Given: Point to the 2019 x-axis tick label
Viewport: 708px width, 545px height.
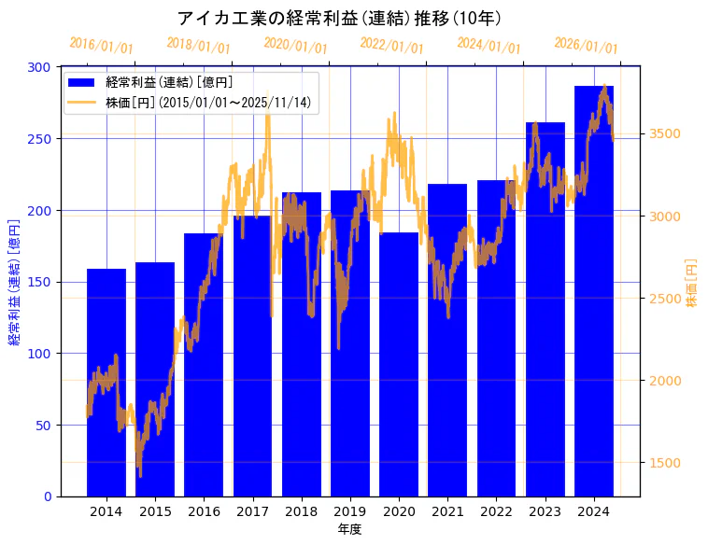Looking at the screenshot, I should click(x=350, y=511).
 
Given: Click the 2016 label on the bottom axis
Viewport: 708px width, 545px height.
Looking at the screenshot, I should click(x=204, y=511).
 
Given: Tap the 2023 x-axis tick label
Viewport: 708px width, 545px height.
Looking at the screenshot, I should click(x=545, y=511).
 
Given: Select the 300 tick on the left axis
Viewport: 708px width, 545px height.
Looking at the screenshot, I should click(x=39, y=67).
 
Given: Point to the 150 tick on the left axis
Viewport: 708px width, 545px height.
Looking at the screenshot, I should click(x=39, y=282).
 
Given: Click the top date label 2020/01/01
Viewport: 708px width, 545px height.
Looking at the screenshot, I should click(x=296, y=45).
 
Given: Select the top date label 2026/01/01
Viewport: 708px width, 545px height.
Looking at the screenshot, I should click(x=587, y=45).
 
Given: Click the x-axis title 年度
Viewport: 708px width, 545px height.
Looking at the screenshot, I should click(x=350, y=529).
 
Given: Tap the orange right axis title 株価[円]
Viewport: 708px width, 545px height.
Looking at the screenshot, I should click(x=692, y=283).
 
